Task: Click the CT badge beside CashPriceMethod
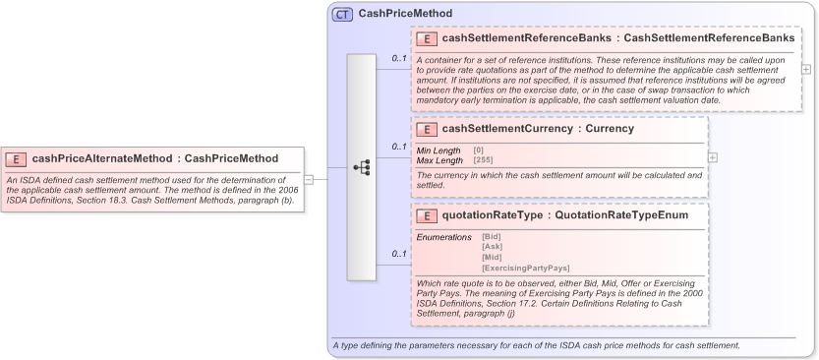click(x=342, y=15)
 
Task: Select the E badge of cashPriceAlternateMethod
click(x=17, y=158)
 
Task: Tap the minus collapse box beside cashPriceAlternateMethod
click(x=308, y=179)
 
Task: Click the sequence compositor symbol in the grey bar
click(x=362, y=167)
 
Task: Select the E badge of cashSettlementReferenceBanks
click(x=428, y=38)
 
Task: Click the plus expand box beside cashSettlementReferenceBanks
click(x=806, y=70)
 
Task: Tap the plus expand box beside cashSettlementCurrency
click(x=713, y=157)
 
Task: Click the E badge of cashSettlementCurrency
click(x=428, y=128)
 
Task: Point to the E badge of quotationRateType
click(x=428, y=215)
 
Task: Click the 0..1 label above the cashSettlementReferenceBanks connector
click(x=399, y=58)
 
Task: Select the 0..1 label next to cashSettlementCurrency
click(x=399, y=147)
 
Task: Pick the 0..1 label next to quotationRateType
click(x=399, y=254)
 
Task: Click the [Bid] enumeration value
click(x=492, y=237)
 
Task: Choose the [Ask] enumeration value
click(x=492, y=247)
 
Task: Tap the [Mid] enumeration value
click(x=492, y=257)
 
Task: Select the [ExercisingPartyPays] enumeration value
click(x=525, y=268)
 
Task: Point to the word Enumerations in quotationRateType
click(x=443, y=237)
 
